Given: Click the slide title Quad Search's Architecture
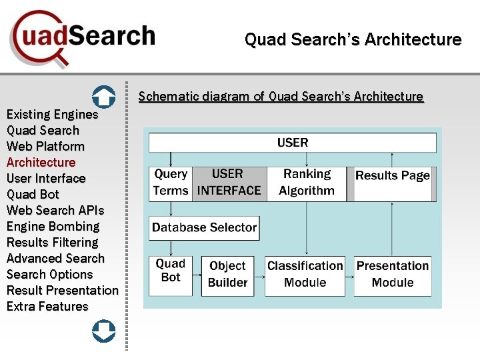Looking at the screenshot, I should pos(353,40).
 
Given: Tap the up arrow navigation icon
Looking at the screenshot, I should pos(103,97).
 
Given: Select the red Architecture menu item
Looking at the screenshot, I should pos(41,163).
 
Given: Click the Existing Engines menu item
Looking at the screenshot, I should pos(52,115).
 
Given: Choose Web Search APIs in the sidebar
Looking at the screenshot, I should pos(55,211).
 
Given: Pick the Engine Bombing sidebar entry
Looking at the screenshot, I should pos(53,227).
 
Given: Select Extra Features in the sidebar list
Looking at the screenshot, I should pos(47,307).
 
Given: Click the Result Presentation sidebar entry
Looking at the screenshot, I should pos(62,291).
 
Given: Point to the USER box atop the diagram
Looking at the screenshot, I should pos(292,143).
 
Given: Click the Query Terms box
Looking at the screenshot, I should pos(170,183).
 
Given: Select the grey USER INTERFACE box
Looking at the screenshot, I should pos(229,183).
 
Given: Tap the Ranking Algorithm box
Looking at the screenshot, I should pos(307,183).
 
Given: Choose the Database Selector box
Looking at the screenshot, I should pos(203,228).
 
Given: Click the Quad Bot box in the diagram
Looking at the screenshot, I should pos(171,275).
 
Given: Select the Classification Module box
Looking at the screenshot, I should pos(305,275).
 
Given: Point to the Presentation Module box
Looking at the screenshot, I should pos(393,275).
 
